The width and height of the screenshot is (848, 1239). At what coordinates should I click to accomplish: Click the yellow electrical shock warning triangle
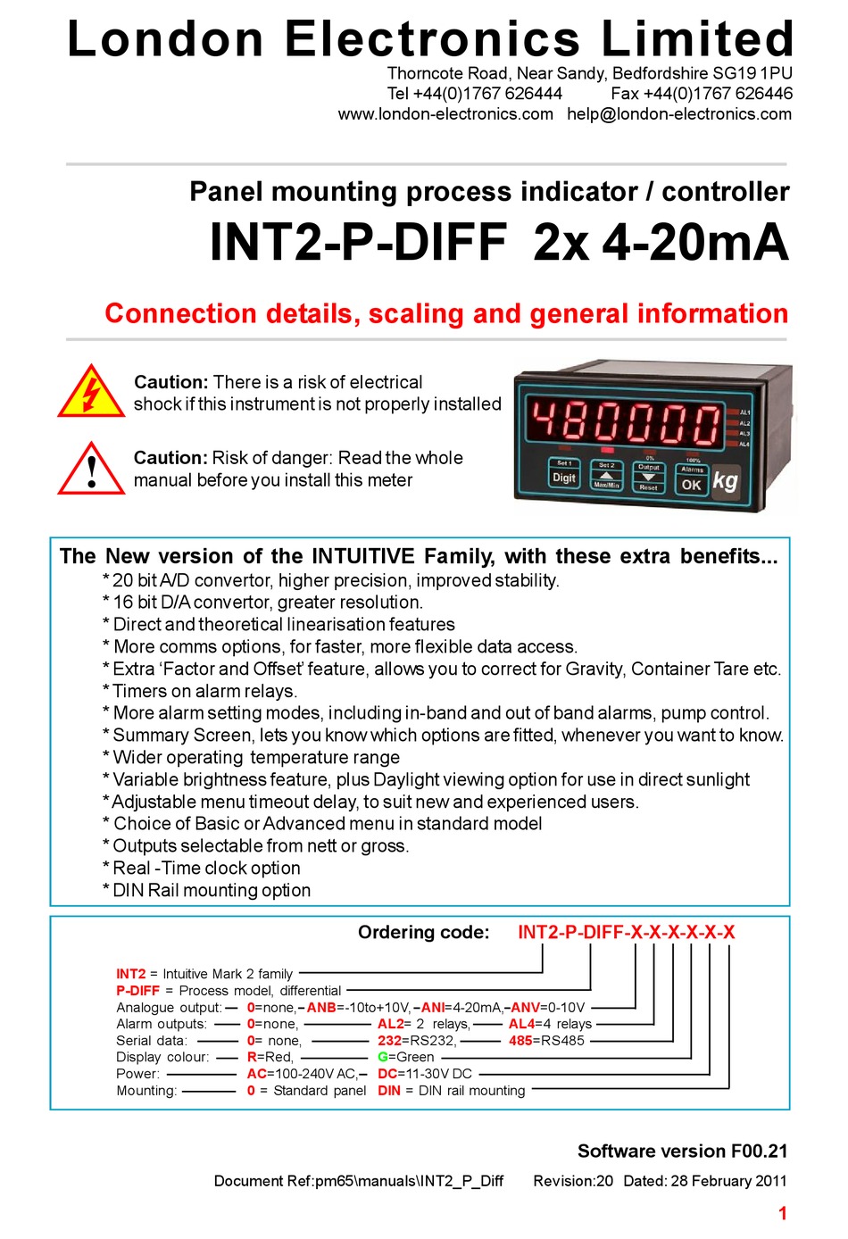click(91, 394)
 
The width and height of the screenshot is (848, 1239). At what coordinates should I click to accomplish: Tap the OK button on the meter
click(692, 485)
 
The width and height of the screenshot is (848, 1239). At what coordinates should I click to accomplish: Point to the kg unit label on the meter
click(726, 480)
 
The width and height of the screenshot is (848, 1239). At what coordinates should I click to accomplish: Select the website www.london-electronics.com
click(445, 114)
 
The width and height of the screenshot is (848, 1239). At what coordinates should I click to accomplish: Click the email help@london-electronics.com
click(679, 114)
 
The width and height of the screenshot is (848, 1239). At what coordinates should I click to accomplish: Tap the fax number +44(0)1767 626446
click(702, 94)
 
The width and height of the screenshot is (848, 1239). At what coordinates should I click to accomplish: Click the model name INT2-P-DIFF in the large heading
click(359, 243)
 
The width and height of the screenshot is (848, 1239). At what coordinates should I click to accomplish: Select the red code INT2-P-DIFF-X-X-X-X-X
click(626, 933)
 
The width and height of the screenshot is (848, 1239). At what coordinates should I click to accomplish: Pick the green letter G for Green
click(382, 1057)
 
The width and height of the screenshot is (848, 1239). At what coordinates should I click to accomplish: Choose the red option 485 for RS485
click(520, 1041)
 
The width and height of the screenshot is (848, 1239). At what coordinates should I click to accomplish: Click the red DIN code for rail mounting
click(388, 1091)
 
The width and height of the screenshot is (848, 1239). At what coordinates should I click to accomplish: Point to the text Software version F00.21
click(682, 1152)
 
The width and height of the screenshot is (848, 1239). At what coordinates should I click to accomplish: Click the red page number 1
click(782, 1213)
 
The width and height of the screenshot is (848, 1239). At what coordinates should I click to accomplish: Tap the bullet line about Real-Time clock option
click(206, 869)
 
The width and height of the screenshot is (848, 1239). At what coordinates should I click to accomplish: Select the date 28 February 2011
click(728, 1181)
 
